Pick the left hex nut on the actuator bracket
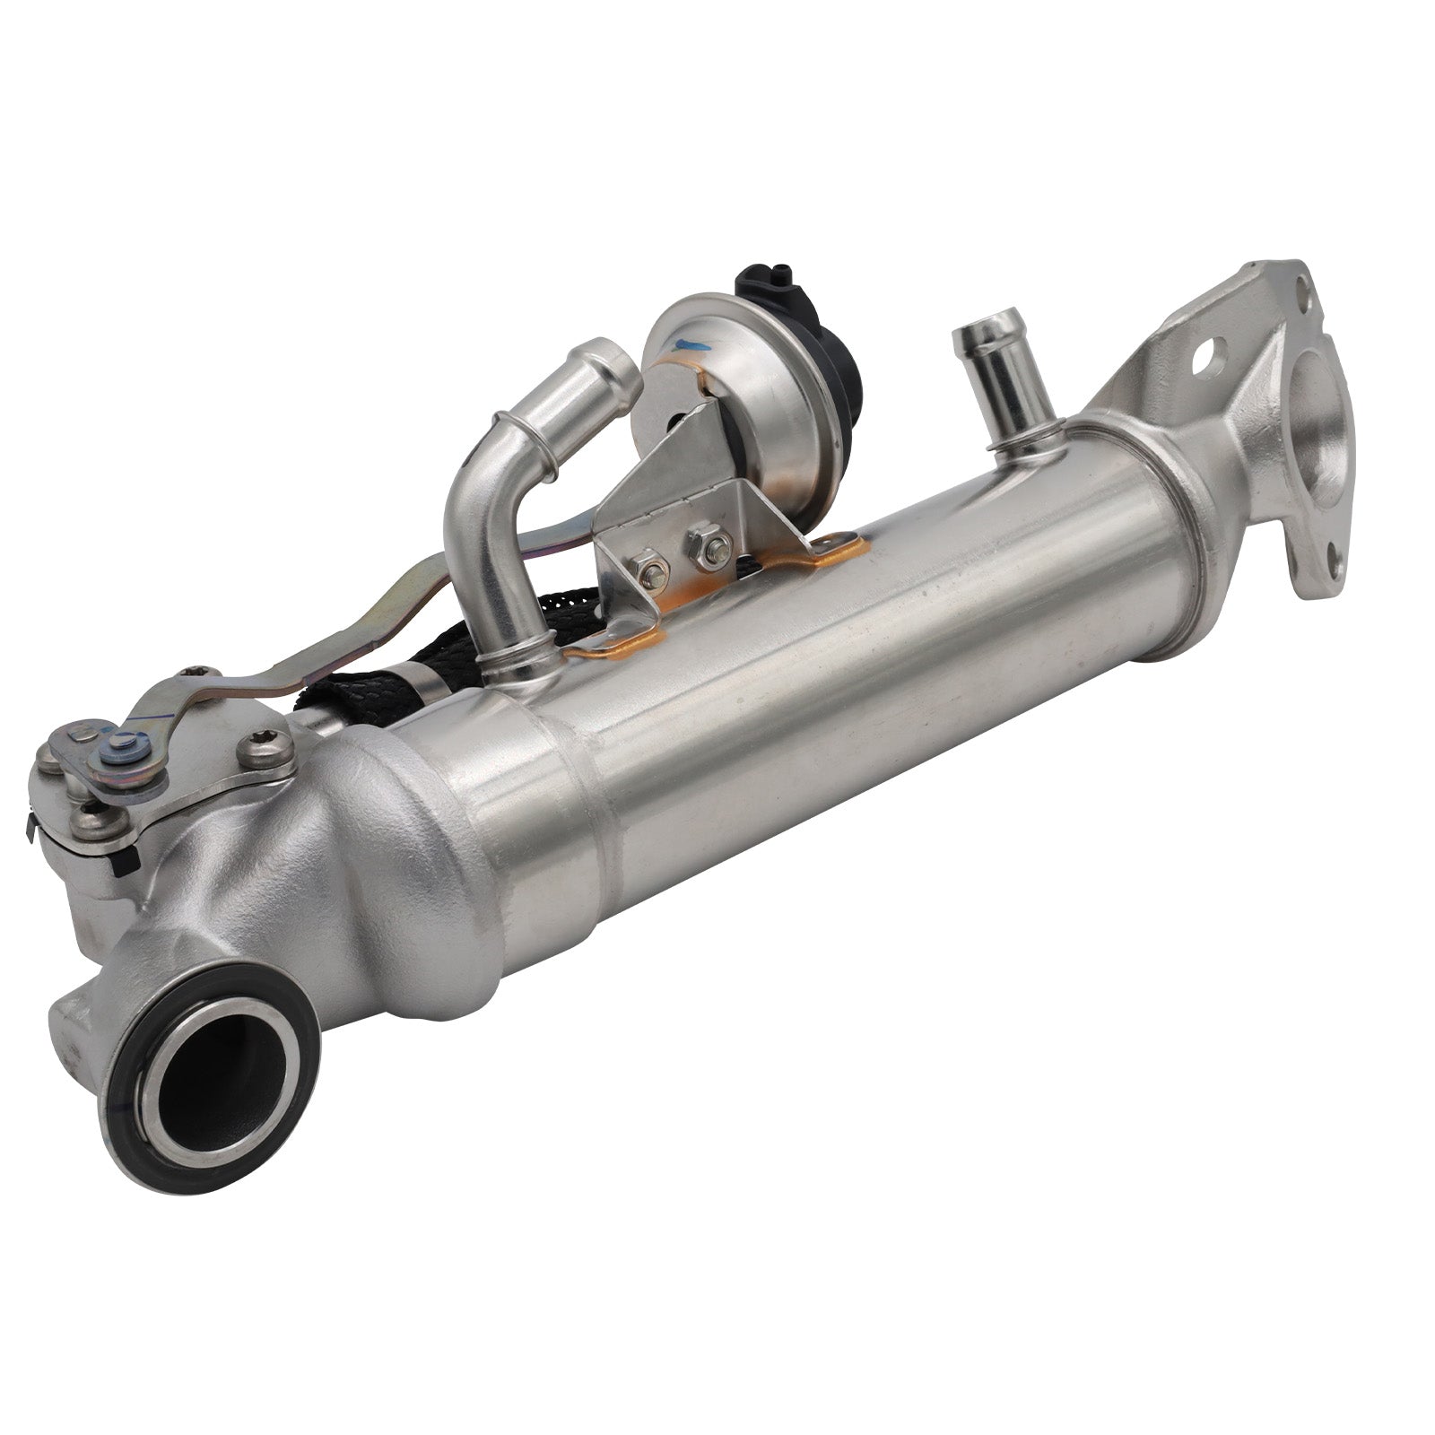(648, 569)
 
